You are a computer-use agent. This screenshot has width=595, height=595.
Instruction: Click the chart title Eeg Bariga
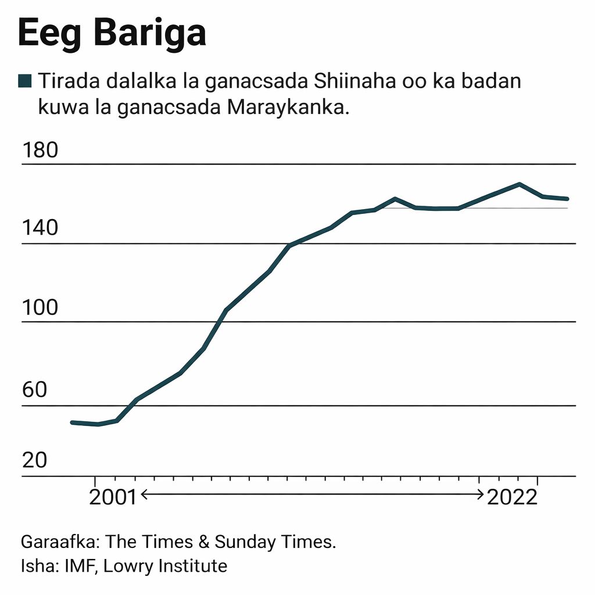(x=112, y=34)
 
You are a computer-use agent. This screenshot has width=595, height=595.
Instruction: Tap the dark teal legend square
(x=25, y=81)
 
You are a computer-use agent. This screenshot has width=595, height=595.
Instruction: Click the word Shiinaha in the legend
(x=354, y=81)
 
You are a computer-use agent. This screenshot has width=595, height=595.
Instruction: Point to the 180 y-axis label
(x=40, y=150)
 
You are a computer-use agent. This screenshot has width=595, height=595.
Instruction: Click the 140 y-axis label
(x=40, y=228)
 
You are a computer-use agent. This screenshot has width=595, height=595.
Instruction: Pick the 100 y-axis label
(x=40, y=307)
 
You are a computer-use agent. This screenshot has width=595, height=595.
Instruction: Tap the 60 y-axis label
(x=34, y=390)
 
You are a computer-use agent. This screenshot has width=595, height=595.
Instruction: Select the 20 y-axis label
(x=34, y=461)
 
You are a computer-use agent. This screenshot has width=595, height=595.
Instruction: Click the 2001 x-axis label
(x=112, y=497)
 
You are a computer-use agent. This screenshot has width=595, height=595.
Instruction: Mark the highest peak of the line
(x=519, y=184)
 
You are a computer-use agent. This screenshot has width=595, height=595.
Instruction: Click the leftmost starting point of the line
(x=72, y=422)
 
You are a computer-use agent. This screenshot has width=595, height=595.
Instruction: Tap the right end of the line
(x=567, y=199)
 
